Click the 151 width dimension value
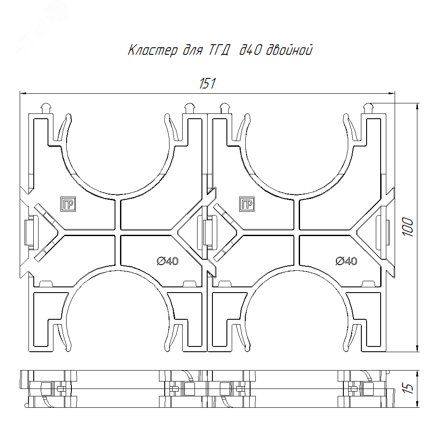(x=208, y=83)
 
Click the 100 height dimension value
(x=408, y=227)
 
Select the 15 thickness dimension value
(x=408, y=389)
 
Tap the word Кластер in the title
(x=153, y=50)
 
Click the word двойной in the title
(x=289, y=50)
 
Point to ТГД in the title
(x=219, y=50)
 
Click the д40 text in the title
(x=250, y=50)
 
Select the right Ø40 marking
(x=346, y=261)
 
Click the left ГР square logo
(x=68, y=204)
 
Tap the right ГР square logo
(x=247, y=204)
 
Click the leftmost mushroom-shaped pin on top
(x=46, y=108)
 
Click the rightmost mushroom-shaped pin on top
(x=368, y=108)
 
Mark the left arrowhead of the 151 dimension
(x=23, y=93)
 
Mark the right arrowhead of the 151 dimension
(x=392, y=93)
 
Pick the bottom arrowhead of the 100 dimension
(x=417, y=348)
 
